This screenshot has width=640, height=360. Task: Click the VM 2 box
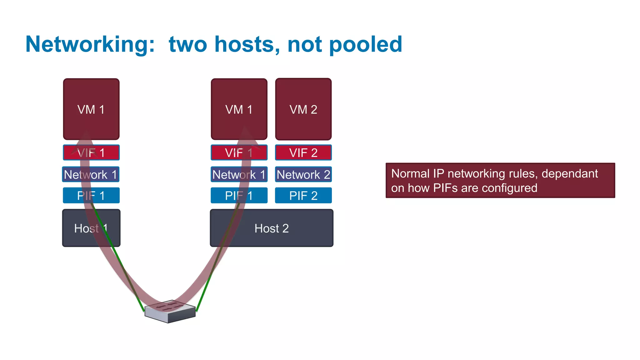click(303, 109)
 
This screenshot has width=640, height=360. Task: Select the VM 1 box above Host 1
click(91, 109)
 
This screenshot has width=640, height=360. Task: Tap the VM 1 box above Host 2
click(239, 109)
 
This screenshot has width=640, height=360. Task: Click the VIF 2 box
click(303, 152)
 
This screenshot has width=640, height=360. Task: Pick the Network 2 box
click(303, 174)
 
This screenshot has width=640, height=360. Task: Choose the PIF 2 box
click(303, 196)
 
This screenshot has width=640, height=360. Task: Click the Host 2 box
click(272, 228)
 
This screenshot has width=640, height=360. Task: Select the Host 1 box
click(91, 228)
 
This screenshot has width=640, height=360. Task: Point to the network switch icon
click(170, 311)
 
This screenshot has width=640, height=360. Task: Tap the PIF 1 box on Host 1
click(91, 196)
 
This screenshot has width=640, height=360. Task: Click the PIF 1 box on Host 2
click(239, 196)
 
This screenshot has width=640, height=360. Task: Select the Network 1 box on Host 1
click(91, 174)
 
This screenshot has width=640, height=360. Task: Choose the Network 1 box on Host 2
click(239, 174)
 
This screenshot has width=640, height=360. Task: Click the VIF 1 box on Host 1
click(91, 152)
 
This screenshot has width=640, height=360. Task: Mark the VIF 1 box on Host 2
click(239, 152)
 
